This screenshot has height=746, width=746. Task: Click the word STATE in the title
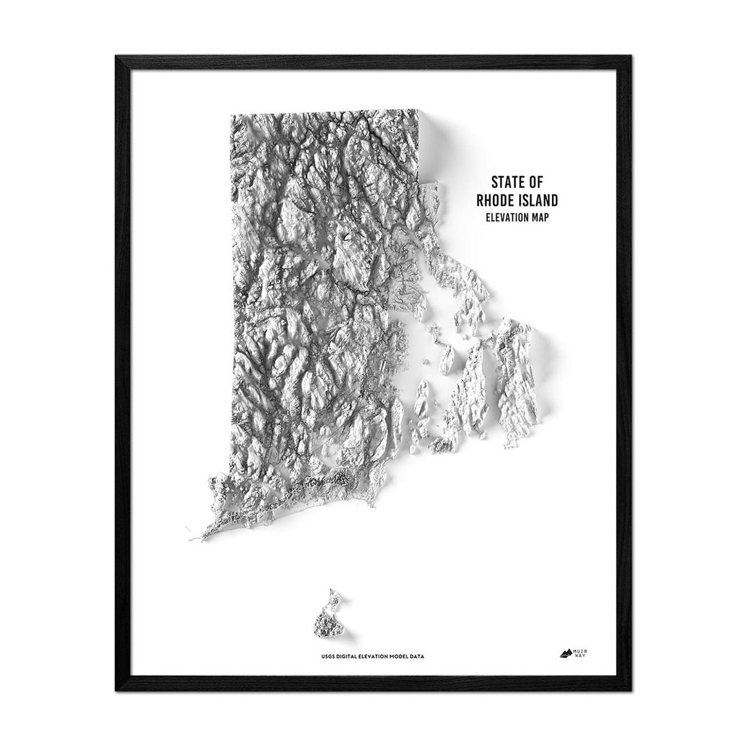(x=504, y=183)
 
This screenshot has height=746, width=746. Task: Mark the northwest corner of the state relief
(x=231, y=115)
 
